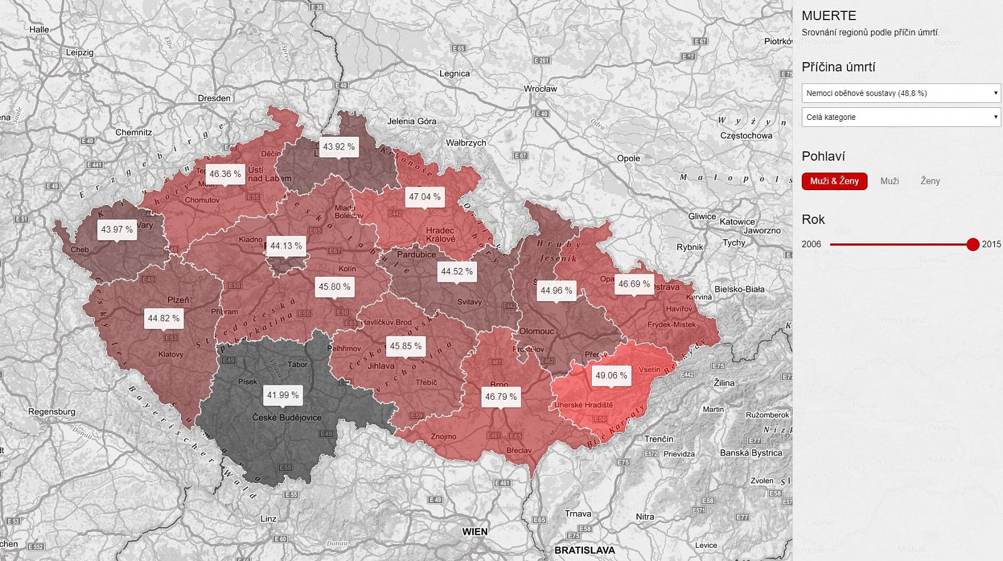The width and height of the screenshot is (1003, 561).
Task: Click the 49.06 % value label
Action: (611, 375)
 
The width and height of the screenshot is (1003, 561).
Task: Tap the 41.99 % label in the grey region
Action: (283, 395)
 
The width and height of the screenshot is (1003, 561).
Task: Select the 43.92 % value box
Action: (339, 147)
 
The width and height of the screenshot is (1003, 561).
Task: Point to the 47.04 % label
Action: (424, 196)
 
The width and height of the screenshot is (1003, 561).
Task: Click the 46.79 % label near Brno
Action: (500, 397)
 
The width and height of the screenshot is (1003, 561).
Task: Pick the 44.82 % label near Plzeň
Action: (163, 318)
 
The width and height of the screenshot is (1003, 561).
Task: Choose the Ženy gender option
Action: (930, 181)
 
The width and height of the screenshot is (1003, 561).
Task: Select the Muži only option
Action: (889, 181)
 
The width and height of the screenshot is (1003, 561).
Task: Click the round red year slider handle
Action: (972, 244)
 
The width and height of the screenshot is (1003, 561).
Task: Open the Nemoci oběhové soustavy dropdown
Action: (901, 93)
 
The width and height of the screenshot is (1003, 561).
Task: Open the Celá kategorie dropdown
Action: (901, 117)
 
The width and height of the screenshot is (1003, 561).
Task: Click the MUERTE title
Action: (829, 16)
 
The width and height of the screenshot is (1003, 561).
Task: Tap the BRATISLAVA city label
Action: (584, 550)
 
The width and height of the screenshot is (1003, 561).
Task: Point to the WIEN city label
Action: (475, 532)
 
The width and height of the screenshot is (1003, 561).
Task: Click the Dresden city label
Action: (214, 98)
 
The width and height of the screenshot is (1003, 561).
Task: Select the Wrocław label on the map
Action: (540, 88)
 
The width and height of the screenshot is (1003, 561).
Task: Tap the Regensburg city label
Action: (51, 412)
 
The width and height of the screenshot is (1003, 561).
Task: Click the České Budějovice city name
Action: (286, 417)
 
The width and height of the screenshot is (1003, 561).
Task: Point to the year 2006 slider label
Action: (811, 244)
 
